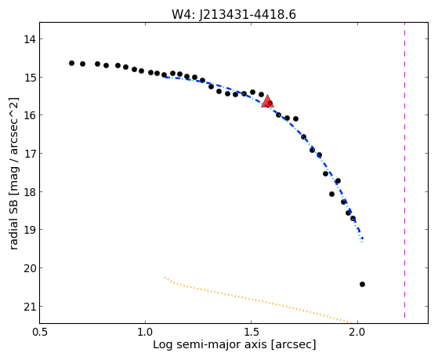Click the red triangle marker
pos(268,101)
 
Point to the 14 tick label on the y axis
pos(29,39)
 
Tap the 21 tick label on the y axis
pos(29,307)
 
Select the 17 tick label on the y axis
pos(29,154)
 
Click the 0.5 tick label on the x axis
pos(40,332)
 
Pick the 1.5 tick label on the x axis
pos(251,332)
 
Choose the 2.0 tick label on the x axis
pos(357,332)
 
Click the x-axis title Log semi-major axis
pos(209,345)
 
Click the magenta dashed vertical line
pos(404,170)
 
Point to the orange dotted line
pos(258,301)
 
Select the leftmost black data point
pos(72,64)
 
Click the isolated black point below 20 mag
pos(362,285)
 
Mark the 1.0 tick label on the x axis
pos(145,332)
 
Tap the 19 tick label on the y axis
pos(29,230)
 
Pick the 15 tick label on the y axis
pos(29,77)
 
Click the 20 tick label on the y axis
pos(29,268)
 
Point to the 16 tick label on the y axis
pos(29,115)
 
